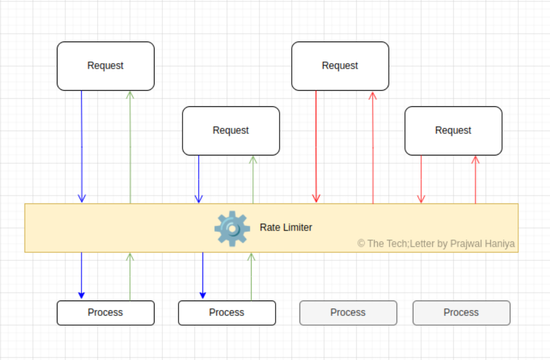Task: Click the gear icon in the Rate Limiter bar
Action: (232, 228)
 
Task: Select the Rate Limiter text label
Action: (286, 228)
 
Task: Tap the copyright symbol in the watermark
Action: (361, 244)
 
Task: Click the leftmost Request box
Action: (105, 66)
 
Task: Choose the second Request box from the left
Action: (231, 131)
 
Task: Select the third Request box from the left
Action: (340, 66)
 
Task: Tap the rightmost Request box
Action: (453, 131)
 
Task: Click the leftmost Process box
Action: (105, 313)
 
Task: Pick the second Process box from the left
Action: (226, 313)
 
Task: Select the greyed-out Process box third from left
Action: (348, 313)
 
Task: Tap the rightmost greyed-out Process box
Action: (461, 313)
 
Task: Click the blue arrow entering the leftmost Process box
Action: (82, 275)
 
